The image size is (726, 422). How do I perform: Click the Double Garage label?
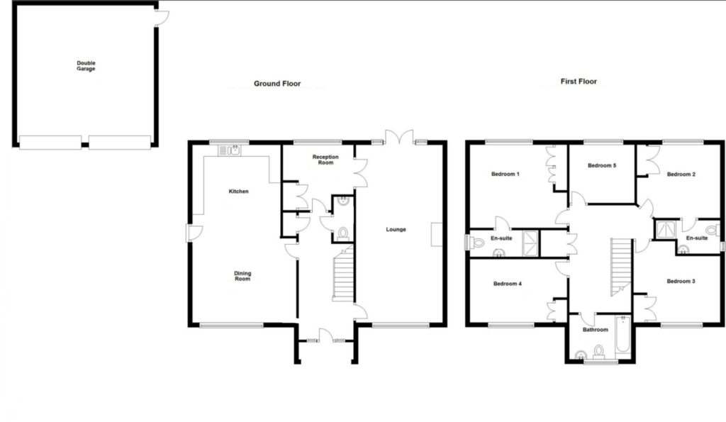pos(86,66)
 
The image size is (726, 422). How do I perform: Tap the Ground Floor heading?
pos(277,84)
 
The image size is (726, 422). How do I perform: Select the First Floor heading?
pos(579,82)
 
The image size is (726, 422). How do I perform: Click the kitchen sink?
pos(230,150)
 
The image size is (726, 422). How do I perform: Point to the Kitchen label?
pos(238,191)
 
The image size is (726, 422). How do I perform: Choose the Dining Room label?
pos(242,276)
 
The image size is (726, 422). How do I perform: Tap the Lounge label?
pos(396,229)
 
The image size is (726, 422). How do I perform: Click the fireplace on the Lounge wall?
pos(435,235)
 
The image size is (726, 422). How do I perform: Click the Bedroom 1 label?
pos(506,174)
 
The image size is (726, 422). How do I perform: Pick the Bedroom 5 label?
pos(602,166)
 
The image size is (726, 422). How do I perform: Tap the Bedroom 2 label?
pos(680,174)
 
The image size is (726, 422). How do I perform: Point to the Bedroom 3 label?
pos(681,282)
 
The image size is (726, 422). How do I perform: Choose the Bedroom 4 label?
pos(508,284)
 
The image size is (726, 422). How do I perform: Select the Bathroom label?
pos(595,330)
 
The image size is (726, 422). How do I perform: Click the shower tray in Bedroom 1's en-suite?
pos(530,243)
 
